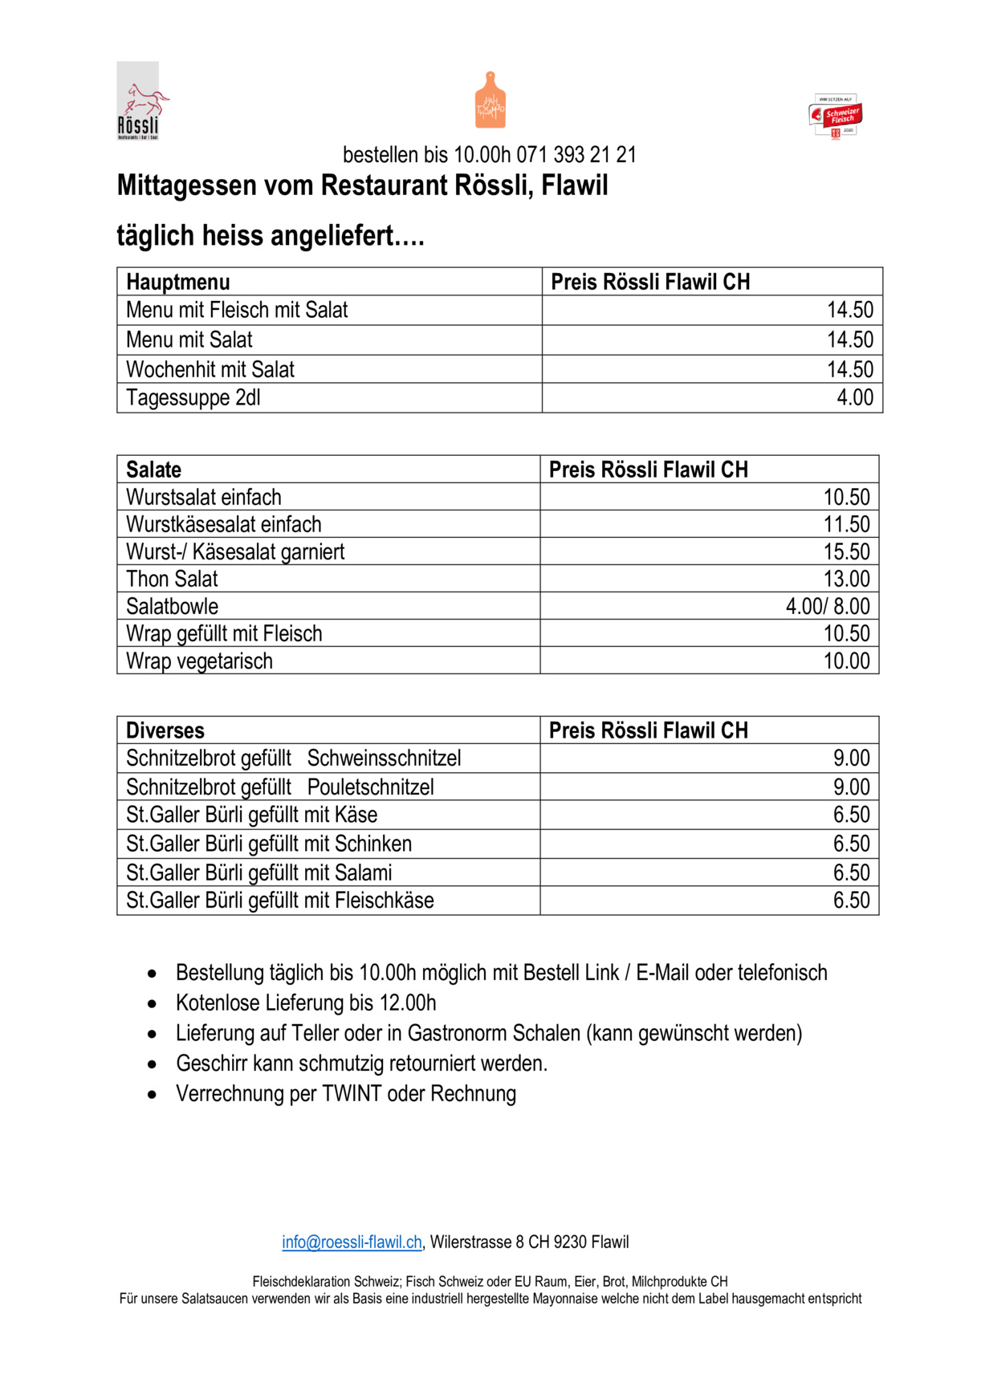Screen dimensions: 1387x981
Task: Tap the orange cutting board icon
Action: [490, 100]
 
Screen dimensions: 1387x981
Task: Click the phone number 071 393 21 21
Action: [576, 155]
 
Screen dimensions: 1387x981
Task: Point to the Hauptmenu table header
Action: [178, 282]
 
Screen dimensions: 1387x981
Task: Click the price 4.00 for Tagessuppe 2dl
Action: [855, 398]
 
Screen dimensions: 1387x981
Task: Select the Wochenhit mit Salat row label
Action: [210, 369]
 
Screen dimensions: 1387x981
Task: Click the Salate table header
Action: [154, 470]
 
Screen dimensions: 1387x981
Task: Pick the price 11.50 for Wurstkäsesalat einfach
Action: [846, 524]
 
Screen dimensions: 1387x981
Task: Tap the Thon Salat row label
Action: [172, 579]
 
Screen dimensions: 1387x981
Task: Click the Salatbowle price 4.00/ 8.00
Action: [828, 606]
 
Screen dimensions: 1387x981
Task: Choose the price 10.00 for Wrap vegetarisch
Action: [846, 661]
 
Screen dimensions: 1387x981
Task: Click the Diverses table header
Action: [165, 730]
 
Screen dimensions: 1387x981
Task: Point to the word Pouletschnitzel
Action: [370, 787]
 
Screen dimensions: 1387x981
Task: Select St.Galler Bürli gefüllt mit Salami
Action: [259, 872]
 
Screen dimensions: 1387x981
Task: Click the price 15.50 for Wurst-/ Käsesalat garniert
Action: [846, 551]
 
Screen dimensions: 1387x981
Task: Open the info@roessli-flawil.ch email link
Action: [352, 1243]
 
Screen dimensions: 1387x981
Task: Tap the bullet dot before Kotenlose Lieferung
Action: [153, 1004]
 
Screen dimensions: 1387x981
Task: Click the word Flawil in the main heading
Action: [574, 185]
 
